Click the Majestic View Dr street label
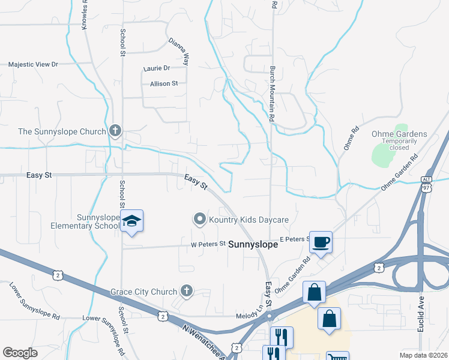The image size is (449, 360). (x=33, y=64)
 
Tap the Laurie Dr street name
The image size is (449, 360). (x=157, y=68)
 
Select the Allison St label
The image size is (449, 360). (x=164, y=84)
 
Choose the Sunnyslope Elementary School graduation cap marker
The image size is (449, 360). (x=131, y=222)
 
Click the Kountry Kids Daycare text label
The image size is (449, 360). (x=249, y=220)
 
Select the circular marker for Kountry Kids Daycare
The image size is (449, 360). (x=200, y=220)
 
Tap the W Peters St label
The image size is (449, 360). (x=208, y=244)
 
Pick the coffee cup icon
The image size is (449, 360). (x=321, y=242)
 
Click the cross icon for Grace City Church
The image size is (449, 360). (x=187, y=292)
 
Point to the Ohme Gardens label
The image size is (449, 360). (x=403, y=134)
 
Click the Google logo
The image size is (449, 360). (x=20, y=353)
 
